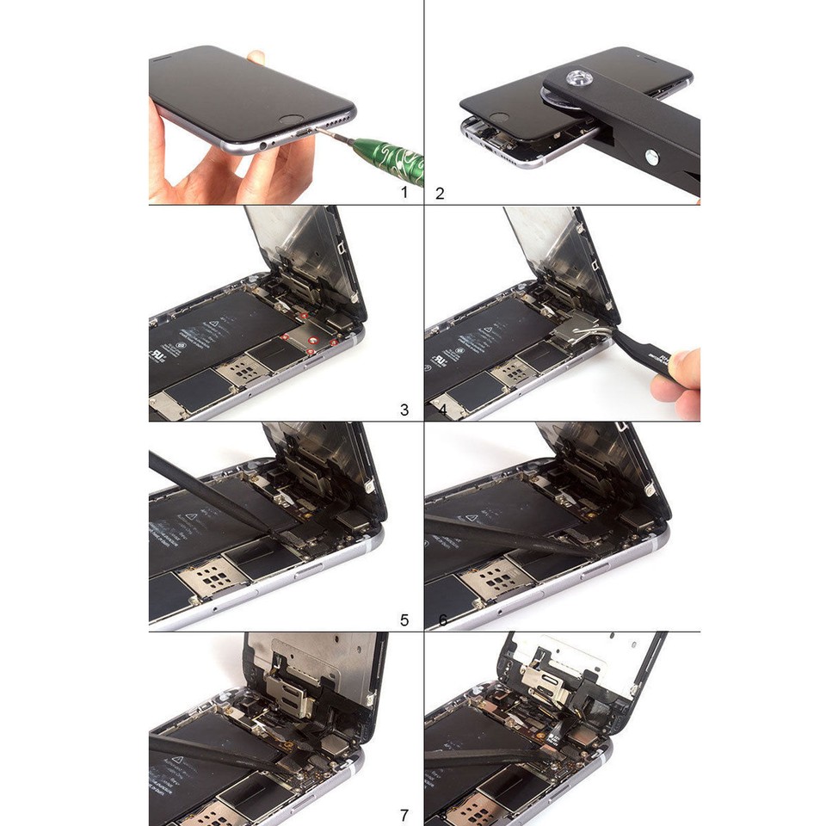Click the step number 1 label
click(x=404, y=193)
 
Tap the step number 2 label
click(x=440, y=193)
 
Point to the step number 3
click(x=404, y=410)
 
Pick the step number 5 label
click(x=404, y=619)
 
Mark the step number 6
click(x=442, y=619)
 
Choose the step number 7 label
click(x=404, y=815)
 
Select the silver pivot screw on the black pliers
click(x=651, y=157)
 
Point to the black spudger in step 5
click(x=206, y=490)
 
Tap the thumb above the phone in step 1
click(x=256, y=58)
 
